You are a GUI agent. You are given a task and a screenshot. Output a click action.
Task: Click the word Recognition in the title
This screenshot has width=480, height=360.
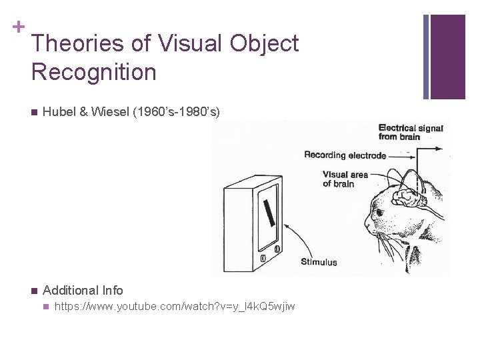click(x=93, y=72)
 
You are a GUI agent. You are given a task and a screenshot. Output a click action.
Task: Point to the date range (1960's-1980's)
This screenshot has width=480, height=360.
click(x=177, y=112)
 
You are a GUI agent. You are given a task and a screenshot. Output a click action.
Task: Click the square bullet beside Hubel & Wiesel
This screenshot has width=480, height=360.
click(x=33, y=112)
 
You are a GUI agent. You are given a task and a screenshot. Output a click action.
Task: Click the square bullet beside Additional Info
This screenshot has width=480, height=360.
click(x=33, y=291)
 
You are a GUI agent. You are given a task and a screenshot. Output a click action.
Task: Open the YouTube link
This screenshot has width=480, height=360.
click(x=175, y=307)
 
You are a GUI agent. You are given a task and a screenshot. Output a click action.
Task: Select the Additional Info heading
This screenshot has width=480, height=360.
click(x=83, y=290)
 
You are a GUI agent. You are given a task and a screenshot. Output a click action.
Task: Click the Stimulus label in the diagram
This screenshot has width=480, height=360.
click(x=319, y=261)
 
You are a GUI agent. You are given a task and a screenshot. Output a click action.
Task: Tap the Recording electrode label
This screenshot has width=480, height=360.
click(x=344, y=155)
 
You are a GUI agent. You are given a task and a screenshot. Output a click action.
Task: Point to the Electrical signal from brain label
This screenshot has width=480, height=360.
click(x=409, y=132)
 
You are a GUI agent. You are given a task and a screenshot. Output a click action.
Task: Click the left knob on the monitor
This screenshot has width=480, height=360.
click(x=263, y=258)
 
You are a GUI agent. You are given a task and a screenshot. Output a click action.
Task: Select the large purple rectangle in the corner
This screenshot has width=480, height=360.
click(x=447, y=57)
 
